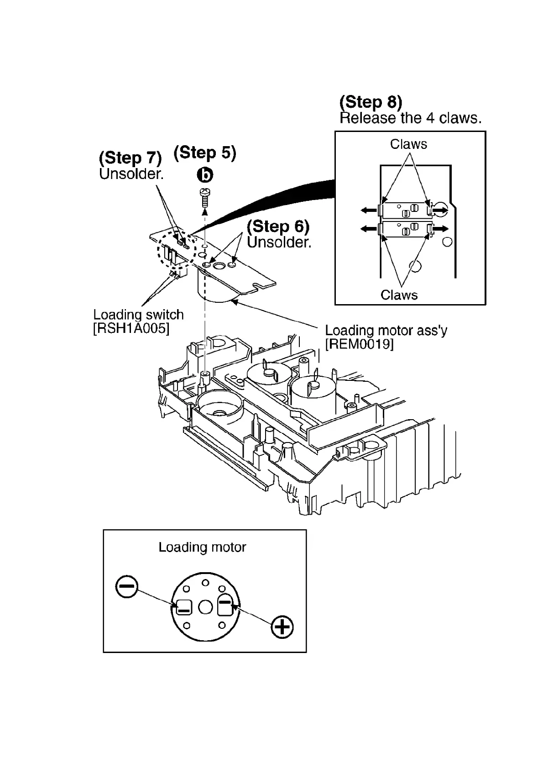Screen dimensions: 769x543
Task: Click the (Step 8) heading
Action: pyautogui.click(x=371, y=102)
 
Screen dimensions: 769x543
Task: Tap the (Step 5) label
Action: pyautogui.click(x=205, y=153)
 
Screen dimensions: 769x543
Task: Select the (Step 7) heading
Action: pyautogui.click(x=130, y=158)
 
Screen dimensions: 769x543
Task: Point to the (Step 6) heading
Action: pyautogui.click(x=278, y=226)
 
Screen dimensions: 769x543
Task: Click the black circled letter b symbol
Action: pyautogui.click(x=205, y=174)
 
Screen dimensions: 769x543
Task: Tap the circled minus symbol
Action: pyautogui.click(x=127, y=586)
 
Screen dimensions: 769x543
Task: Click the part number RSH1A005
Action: pyautogui.click(x=131, y=328)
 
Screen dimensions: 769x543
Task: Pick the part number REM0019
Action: pyautogui.click(x=359, y=344)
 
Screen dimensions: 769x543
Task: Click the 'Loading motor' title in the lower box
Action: pyautogui.click(x=202, y=547)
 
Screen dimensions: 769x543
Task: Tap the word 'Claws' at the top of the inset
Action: pyautogui.click(x=408, y=144)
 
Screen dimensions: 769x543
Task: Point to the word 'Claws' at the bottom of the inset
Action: pyautogui.click(x=399, y=295)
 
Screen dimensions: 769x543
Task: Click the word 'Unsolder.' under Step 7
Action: pyautogui.click(x=131, y=174)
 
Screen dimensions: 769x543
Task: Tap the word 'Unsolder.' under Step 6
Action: pyautogui.click(x=279, y=242)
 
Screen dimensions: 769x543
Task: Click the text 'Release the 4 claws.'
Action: pyautogui.click(x=410, y=118)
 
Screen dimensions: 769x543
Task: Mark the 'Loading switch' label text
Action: pyautogui.click(x=138, y=315)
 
